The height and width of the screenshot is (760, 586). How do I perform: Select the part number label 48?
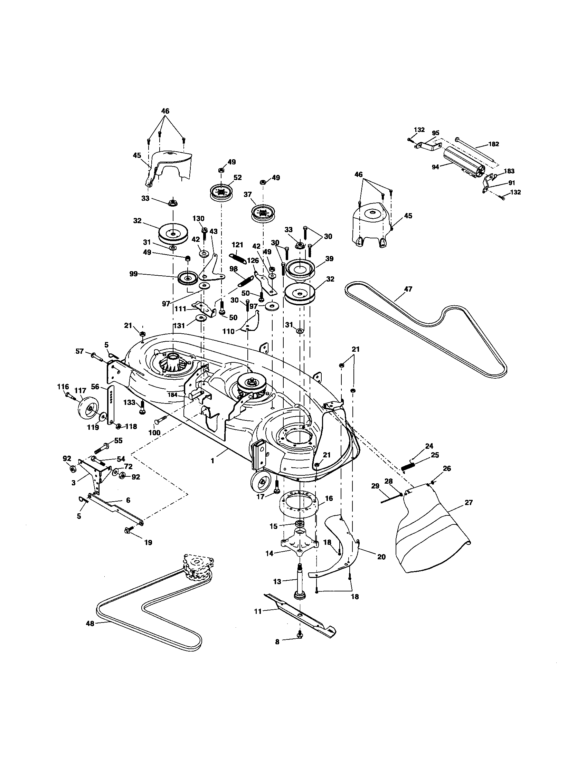tap(90, 624)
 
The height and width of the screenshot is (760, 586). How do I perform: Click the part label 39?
tap(329, 258)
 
